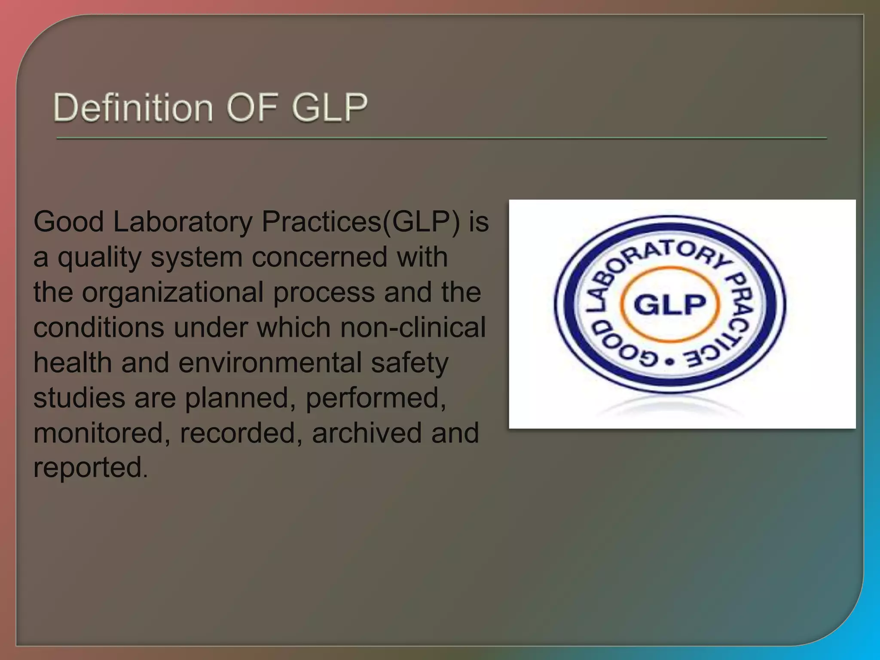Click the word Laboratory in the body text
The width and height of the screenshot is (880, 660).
point(183,223)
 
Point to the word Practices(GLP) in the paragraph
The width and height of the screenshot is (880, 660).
point(361,223)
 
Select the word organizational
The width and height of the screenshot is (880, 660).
point(173,293)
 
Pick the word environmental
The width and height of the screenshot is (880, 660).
point(270,363)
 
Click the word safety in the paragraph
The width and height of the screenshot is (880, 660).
point(409,363)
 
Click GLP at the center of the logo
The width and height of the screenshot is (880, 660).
point(670,305)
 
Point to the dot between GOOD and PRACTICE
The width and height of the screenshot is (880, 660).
point(669,362)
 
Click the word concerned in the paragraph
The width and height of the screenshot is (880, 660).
point(319,258)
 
